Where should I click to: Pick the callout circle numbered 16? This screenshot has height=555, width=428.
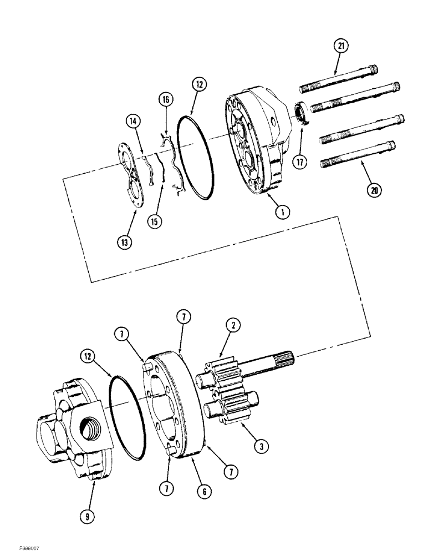coord(165,100)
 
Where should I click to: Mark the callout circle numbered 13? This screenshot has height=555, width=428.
coord(125,242)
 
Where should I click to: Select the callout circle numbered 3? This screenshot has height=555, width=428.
coord(258,444)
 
